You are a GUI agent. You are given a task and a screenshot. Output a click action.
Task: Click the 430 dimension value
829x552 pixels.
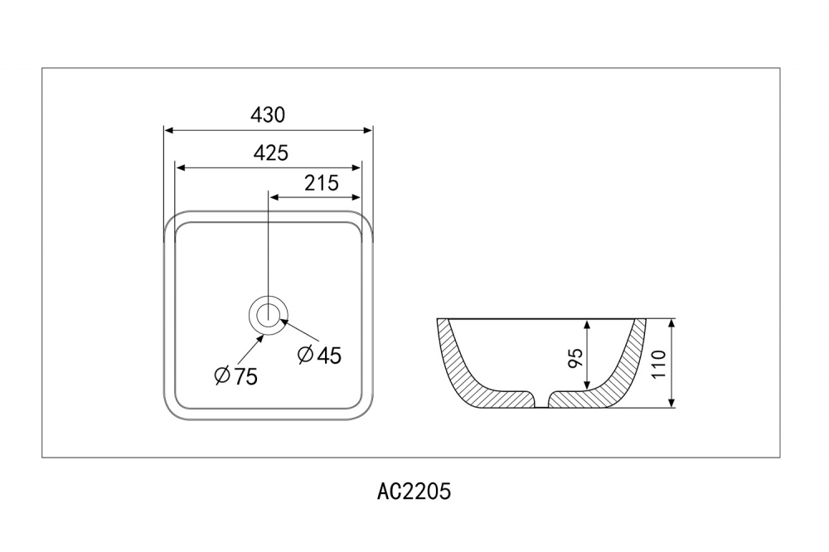[268, 115]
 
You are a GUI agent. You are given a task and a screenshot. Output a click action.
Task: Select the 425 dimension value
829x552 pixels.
[270, 153]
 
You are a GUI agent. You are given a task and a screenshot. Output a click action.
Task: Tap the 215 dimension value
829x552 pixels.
[322, 183]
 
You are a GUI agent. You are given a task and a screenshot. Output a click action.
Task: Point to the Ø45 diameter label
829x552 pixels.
[319, 355]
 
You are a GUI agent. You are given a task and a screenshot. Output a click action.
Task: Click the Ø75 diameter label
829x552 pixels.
[235, 376]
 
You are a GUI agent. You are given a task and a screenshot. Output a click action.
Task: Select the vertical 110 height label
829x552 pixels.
[659, 364]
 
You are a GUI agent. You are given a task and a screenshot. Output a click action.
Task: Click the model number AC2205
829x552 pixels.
[414, 491]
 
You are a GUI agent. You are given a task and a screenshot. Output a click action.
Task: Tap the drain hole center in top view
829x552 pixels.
[268, 314]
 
